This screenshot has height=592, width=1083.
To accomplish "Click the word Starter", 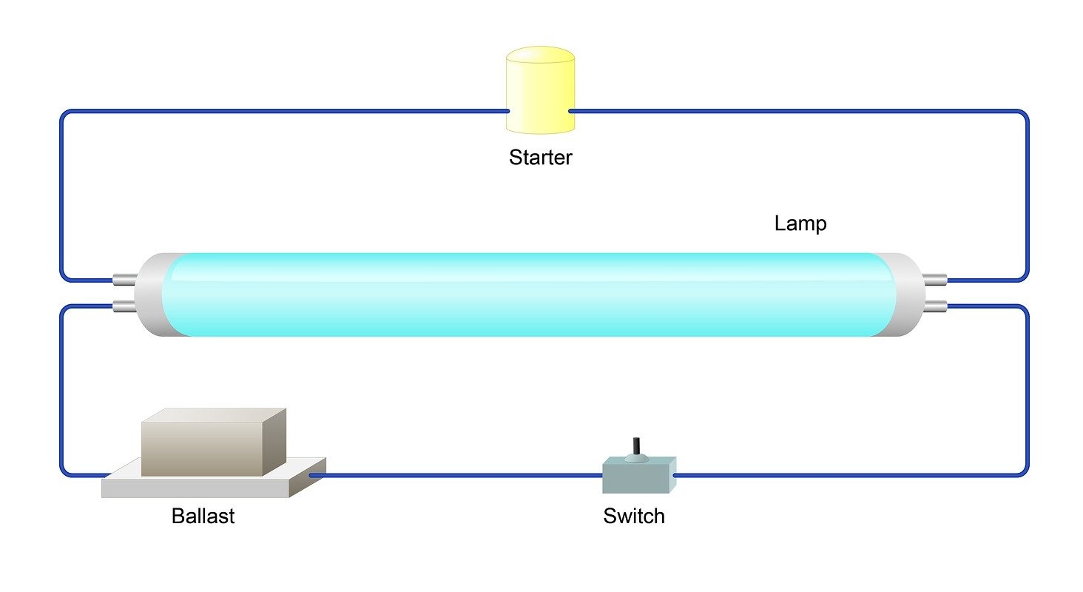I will [540, 158].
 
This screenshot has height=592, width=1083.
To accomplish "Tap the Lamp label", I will [800, 223].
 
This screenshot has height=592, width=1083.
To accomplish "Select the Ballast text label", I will [203, 516].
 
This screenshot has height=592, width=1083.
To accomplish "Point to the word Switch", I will [634, 516].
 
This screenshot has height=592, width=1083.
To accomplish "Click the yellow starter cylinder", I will [540, 96].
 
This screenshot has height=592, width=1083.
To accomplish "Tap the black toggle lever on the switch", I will [635, 446].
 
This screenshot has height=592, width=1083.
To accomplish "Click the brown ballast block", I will [202, 448].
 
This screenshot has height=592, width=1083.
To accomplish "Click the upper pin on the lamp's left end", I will [124, 280].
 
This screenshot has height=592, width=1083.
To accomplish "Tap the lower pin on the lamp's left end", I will [124, 305].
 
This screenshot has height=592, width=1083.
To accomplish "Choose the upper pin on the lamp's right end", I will [935, 280].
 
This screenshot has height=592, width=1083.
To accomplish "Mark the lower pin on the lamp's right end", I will [935, 305].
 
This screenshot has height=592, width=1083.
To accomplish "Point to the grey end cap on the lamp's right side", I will [908, 295].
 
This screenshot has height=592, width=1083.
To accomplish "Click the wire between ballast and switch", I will [459, 474].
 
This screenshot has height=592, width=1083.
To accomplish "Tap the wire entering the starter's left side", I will [296, 111].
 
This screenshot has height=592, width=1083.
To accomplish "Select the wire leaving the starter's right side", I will [777, 111].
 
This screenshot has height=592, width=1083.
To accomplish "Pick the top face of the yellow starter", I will [540, 55].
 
